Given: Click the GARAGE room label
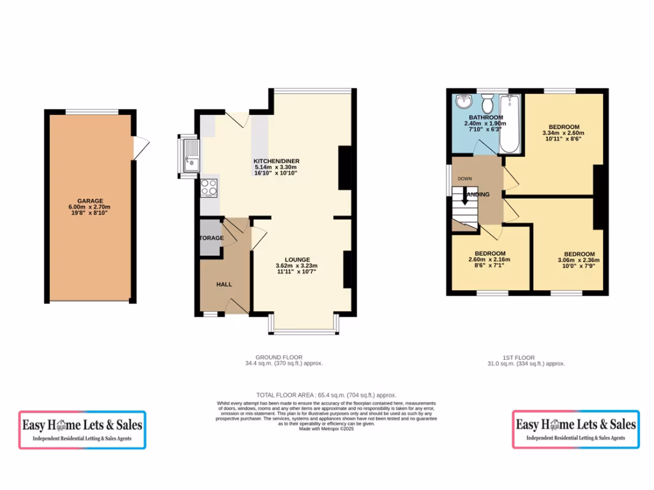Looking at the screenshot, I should pos(89,200).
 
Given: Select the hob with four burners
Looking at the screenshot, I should pos(209,187).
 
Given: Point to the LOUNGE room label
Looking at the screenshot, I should pos(297,260).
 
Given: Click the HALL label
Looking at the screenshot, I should pos(224,284).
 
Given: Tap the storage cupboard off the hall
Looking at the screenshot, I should pos(211,238).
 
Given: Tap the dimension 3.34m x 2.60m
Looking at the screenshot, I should pos(563,133).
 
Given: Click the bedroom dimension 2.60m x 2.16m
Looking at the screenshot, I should pos(490,260).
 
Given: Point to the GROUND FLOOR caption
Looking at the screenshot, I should pos(279,357).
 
